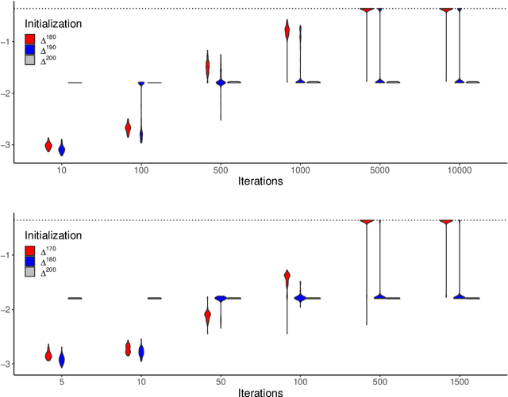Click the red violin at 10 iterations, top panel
48,145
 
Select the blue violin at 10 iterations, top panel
62,149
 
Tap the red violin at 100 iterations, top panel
128,128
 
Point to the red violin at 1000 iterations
287,31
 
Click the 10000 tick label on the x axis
459,170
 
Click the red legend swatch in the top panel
29,39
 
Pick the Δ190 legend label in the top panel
48,49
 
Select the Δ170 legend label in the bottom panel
48,250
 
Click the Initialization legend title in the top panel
53,25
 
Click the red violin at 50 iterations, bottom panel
207,316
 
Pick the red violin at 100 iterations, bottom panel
287,277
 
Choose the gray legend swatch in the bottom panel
29,272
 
